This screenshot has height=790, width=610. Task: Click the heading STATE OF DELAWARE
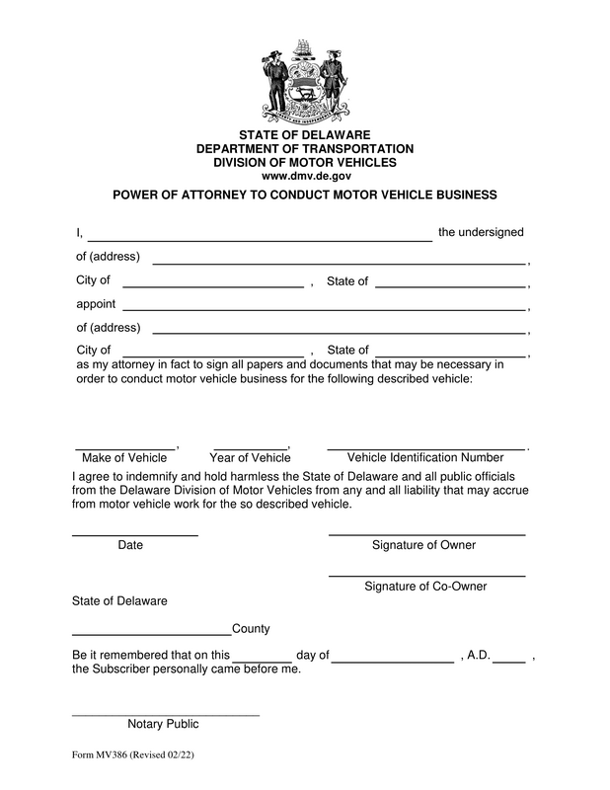(304, 134)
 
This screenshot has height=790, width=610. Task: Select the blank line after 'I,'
(260, 237)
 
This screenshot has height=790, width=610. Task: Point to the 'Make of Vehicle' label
(124, 457)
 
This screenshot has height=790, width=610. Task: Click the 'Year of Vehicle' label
(250, 457)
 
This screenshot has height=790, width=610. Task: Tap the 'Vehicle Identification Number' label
(425, 457)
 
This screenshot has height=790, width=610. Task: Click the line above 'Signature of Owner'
(425, 533)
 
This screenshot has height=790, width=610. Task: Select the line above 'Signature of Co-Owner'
(425, 574)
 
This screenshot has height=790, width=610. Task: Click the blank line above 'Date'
(134, 533)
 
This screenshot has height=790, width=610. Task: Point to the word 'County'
(251, 629)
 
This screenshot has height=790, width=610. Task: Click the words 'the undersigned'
(481, 232)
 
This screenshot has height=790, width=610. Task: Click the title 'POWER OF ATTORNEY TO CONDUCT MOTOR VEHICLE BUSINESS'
(304, 195)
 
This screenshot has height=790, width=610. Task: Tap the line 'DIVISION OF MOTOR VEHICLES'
(304, 162)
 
